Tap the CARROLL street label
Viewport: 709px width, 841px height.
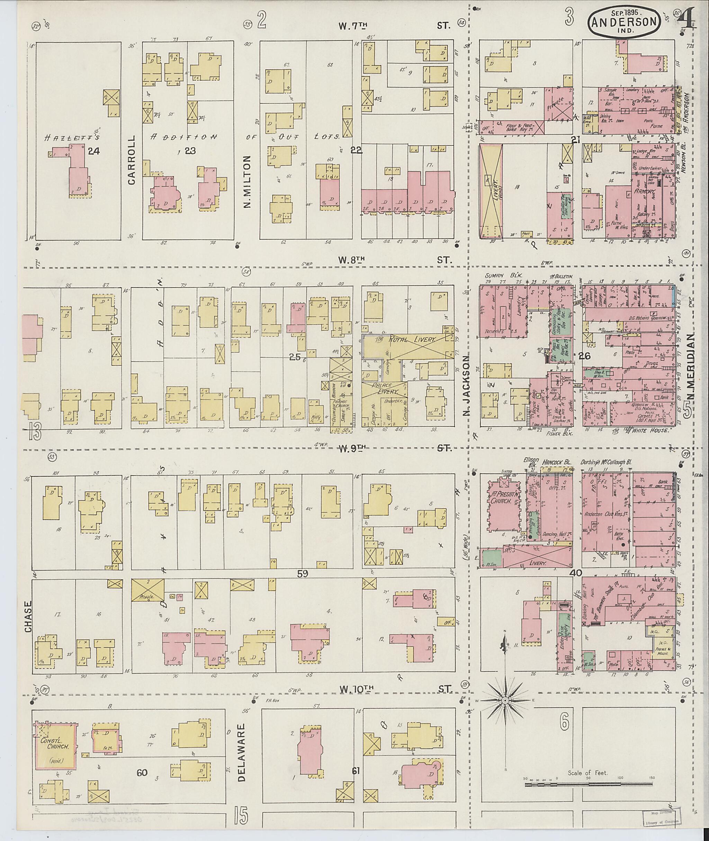click(x=132, y=160)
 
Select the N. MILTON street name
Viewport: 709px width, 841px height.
click(x=247, y=182)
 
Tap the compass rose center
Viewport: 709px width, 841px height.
click(x=504, y=700)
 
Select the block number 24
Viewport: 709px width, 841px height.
click(x=94, y=151)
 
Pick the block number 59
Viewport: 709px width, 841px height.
click(x=302, y=574)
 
